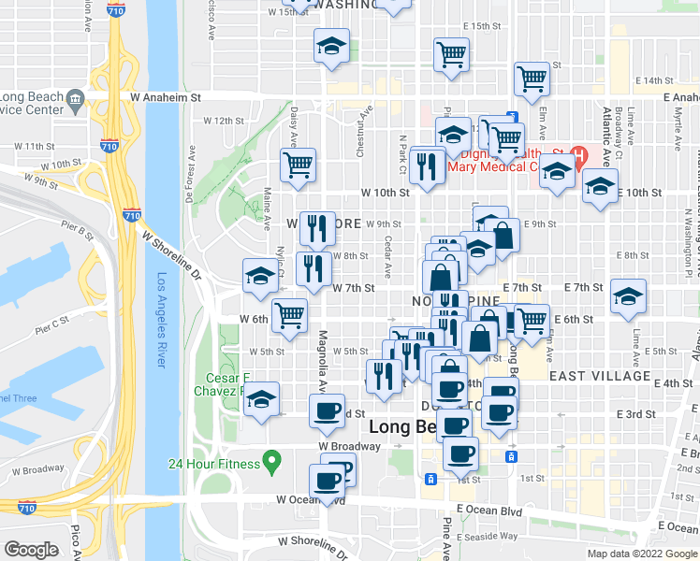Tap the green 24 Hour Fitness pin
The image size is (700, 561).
pos(271,460)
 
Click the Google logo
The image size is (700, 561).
pos(31,550)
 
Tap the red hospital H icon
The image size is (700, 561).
pos(578,153)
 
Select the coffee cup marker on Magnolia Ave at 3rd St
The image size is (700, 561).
pos(328,410)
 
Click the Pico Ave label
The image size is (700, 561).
pos(76,541)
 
